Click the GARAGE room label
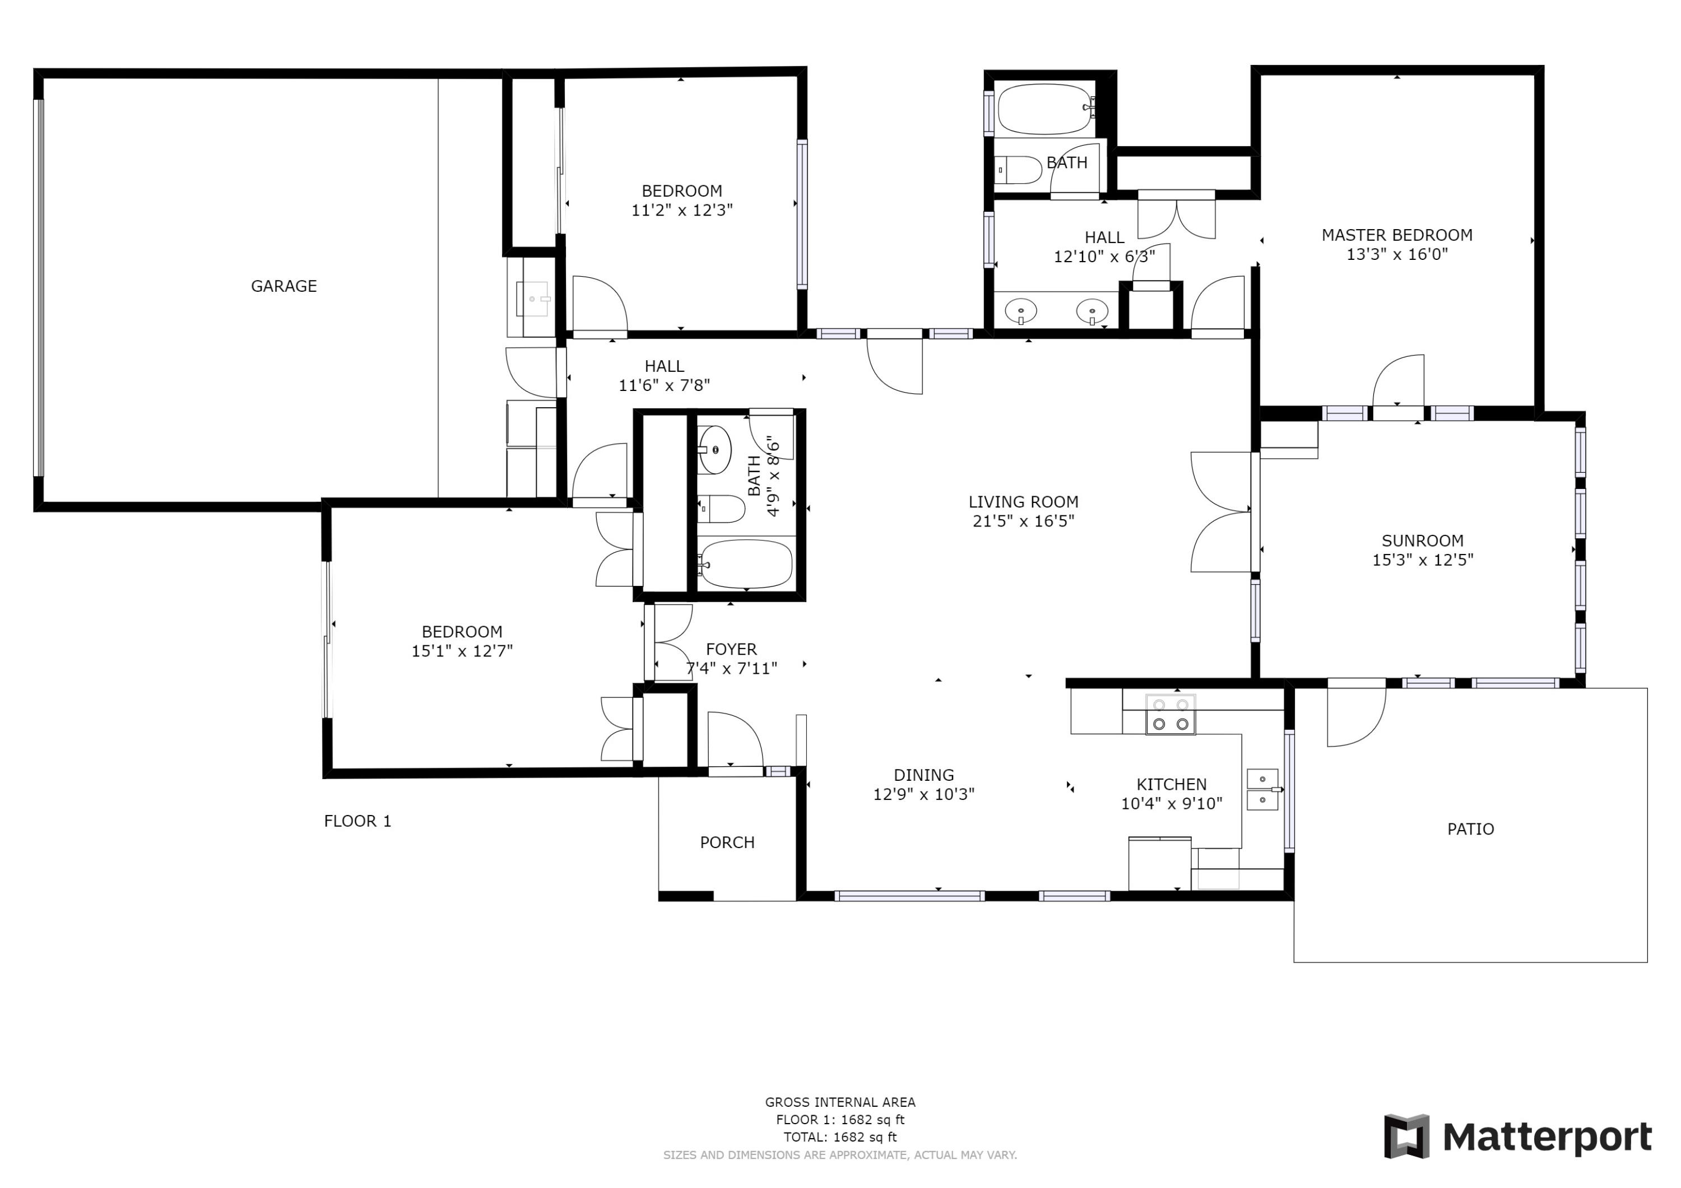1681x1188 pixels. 284,286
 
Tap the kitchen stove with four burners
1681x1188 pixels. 1170,714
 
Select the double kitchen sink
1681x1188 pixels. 1262,790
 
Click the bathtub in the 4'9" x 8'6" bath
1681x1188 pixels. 745,565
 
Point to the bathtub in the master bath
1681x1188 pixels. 1045,109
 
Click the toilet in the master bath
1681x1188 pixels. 1020,170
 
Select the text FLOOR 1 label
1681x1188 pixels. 357,821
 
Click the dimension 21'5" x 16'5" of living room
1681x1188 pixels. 1023,521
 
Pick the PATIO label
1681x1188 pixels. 1470,830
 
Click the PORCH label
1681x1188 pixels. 726,842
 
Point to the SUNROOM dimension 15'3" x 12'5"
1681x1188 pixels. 1422,560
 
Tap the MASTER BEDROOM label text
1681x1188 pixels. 1396,235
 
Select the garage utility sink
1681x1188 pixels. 532,299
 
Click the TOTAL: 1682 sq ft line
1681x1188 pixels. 840,1137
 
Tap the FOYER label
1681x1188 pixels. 731,649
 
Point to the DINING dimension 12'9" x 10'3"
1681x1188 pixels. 923,794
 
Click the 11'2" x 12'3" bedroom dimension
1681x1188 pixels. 681,210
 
